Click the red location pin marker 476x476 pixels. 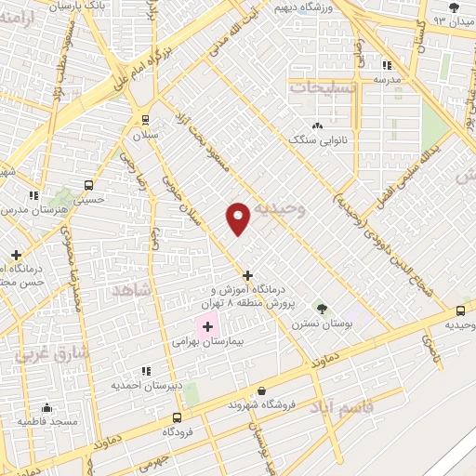238,218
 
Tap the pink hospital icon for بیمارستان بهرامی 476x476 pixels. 206,326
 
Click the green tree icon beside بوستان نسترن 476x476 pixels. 322,308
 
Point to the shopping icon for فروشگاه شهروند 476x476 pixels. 260,391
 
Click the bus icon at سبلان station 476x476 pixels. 144,119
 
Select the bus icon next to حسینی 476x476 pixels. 88,184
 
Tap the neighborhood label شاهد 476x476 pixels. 131,291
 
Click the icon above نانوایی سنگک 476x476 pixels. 318,126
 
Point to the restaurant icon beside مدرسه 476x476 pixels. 388,65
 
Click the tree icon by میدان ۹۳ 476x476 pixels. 453,8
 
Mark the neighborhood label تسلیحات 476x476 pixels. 324,86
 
